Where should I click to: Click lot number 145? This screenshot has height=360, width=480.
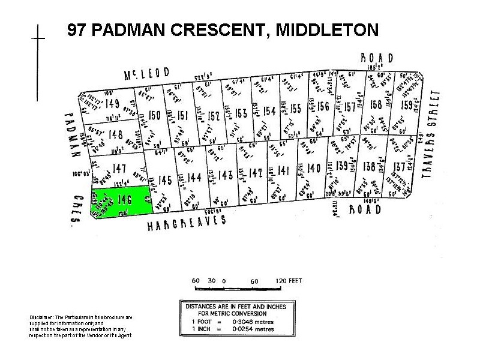coord(166,179)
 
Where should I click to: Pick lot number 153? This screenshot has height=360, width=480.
coord(241,113)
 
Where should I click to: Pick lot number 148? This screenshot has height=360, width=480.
coord(116,134)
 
